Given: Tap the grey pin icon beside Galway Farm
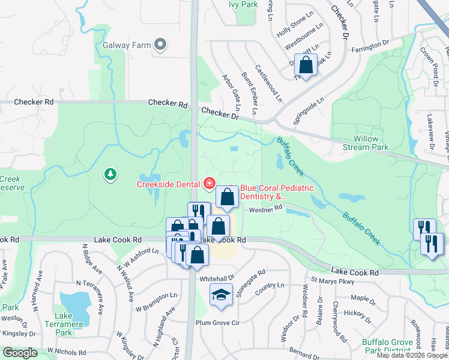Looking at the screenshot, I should coord(160,44).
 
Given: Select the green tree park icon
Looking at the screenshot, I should coord(110,173).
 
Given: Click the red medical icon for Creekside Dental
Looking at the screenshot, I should coord(209,183).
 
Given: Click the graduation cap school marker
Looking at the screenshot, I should coord(221,295).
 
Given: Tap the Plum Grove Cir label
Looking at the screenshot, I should coord(217,323).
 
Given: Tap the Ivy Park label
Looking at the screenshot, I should coord(243,4).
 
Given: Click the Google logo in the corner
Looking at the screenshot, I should coord(20,353).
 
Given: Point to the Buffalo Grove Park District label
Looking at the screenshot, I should coord(387,347).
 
